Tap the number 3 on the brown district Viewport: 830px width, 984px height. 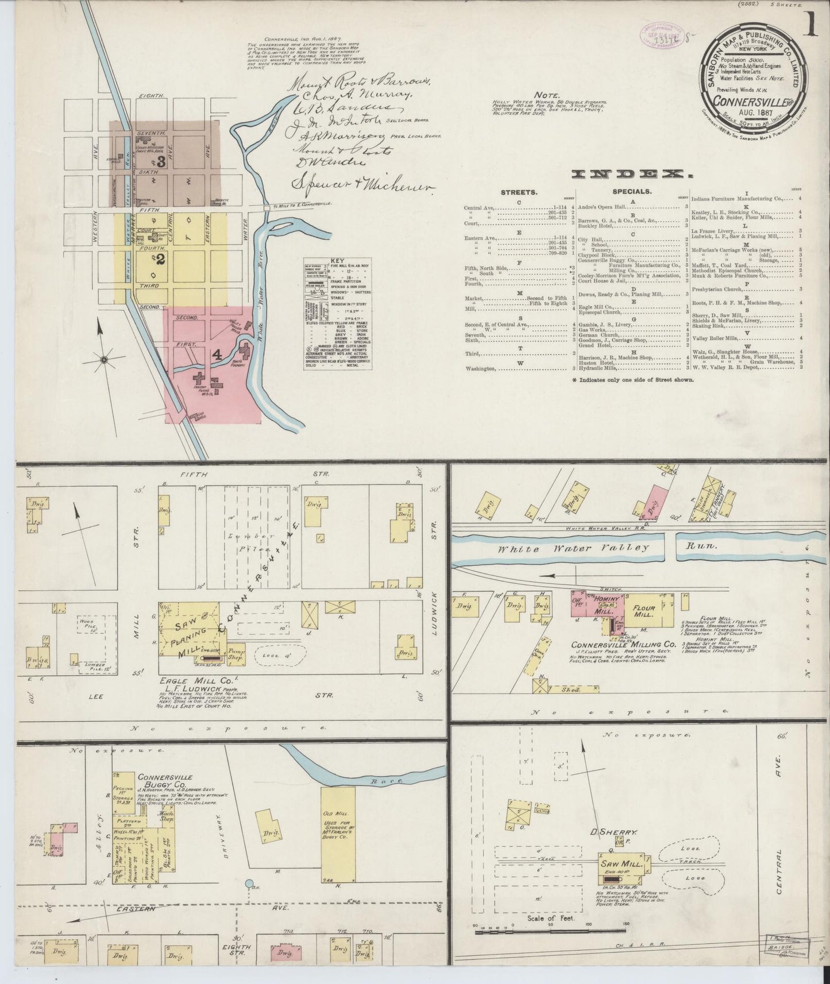(x=161, y=162)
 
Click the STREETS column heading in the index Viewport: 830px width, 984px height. (x=519, y=192)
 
